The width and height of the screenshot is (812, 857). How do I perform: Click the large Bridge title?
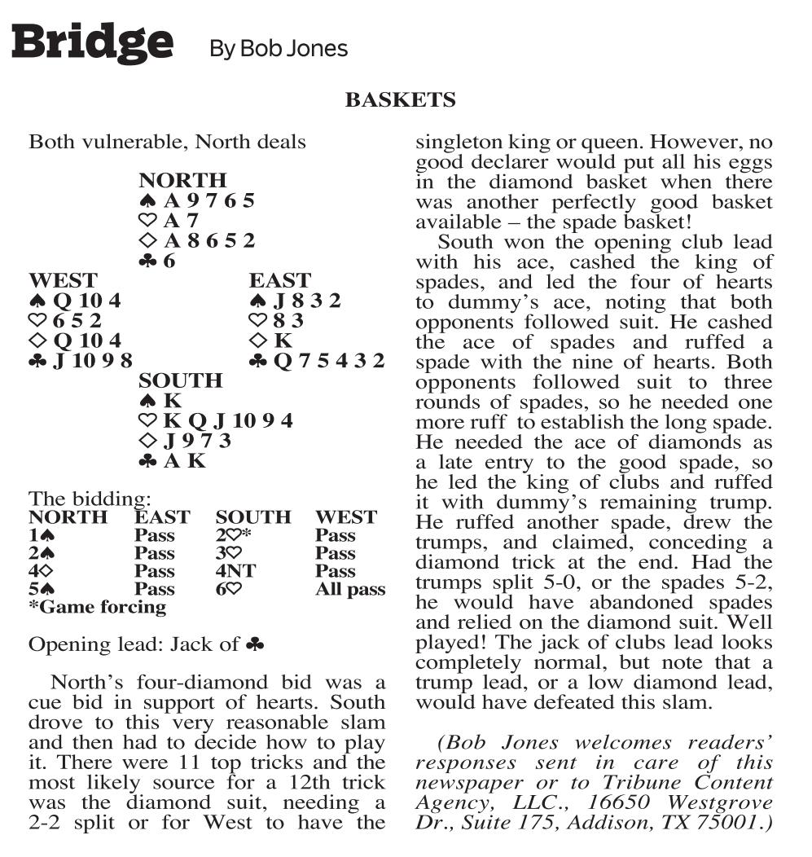pos(92,42)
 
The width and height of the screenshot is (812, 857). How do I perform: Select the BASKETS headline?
pos(400,100)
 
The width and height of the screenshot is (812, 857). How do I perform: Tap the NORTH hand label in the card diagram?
pos(182,180)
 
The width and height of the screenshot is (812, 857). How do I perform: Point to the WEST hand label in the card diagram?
pos(63,281)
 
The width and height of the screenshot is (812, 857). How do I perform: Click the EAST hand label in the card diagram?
pos(280,281)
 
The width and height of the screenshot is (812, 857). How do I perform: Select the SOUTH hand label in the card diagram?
pos(180,381)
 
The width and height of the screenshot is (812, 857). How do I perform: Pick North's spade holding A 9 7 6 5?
pos(196,200)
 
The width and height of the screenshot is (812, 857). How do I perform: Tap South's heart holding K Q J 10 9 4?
pos(215,421)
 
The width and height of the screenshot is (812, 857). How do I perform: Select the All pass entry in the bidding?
pos(350,589)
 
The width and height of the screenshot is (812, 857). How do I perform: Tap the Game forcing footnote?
pos(98,607)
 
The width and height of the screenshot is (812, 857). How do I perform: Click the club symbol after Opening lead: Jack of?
pos(255,644)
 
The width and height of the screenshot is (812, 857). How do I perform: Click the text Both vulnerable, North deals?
pos(167,142)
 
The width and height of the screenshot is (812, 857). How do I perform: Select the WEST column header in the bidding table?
pos(345,517)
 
